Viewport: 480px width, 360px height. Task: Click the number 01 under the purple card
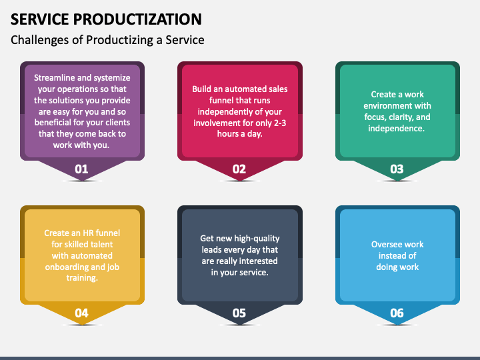click(81, 169)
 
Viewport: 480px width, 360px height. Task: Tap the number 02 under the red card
click(239, 169)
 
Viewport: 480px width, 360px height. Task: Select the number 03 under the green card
click(397, 169)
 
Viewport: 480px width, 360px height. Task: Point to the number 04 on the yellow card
click(81, 313)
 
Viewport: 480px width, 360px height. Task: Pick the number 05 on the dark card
click(239, 313)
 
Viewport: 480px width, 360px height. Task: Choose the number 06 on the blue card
click(397, 313)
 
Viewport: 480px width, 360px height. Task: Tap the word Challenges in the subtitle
click(39, 40)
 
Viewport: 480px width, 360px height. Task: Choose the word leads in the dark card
click(212, 250)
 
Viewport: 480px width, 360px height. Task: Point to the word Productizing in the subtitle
click(120, 40)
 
